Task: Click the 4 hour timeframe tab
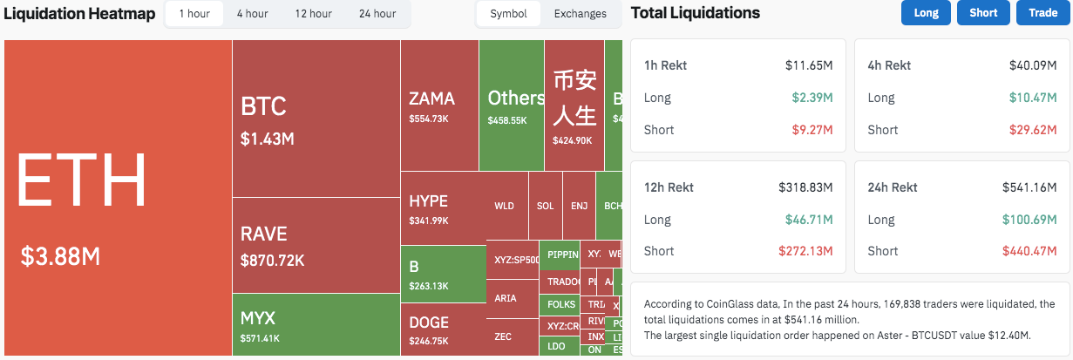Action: (252, 14)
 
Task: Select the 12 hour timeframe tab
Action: (313, 14)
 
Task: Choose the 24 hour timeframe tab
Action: (377, 14)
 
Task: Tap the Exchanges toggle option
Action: (580, 14)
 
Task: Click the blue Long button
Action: (926, 13)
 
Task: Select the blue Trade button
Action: (1042, 13)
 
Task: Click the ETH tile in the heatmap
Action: (118, 197)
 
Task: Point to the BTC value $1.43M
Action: (268, 139)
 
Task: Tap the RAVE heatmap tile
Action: (316, 245)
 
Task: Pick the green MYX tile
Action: (316, 324)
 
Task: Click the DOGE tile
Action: (442, 329)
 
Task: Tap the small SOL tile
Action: (545, 207)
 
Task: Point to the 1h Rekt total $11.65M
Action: (809, 65)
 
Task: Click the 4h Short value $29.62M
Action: (1033, 130)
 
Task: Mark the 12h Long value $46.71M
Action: (809, 220)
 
